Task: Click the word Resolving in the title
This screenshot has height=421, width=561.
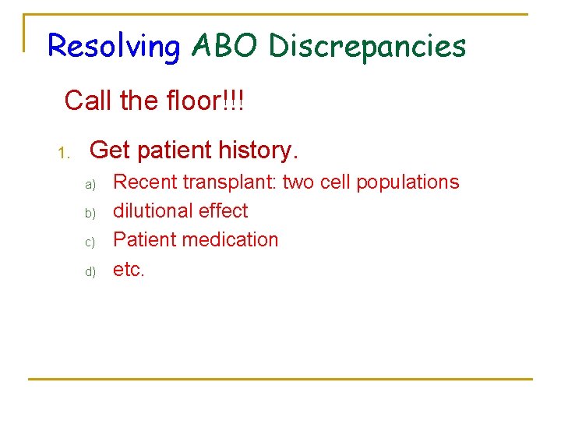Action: [113, 47]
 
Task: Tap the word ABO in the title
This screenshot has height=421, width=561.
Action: [224, 47]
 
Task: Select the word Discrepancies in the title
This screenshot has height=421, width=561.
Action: [367, 47]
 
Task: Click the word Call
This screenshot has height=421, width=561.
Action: [86, 101]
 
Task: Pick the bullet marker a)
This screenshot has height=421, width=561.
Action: [90, 185]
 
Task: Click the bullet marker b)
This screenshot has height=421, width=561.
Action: [90, 213]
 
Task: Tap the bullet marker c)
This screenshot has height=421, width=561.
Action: [90, 242]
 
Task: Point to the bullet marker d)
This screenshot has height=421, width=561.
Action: [90, 271]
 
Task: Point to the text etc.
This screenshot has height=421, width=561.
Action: [129, 270]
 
